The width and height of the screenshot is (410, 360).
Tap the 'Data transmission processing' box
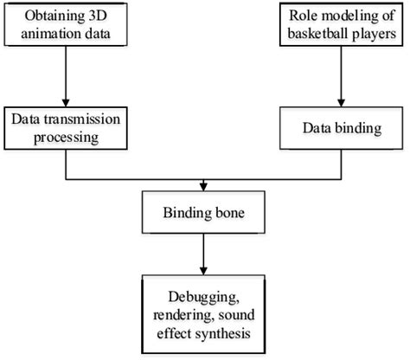(66, 127)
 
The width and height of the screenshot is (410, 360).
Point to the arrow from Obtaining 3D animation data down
(66, 78)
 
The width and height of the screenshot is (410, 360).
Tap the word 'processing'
(66, 136)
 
